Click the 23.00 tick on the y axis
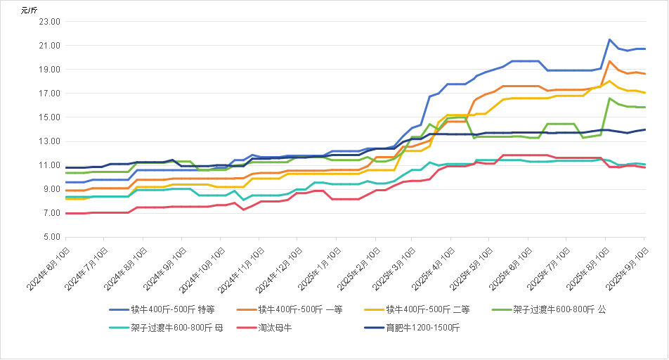pos(51,22)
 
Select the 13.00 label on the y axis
pos(51,141)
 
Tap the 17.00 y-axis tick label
pos(51,94)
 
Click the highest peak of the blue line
pos(609,39)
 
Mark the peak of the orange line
pos(609,61)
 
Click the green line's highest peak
pos(609,98)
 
